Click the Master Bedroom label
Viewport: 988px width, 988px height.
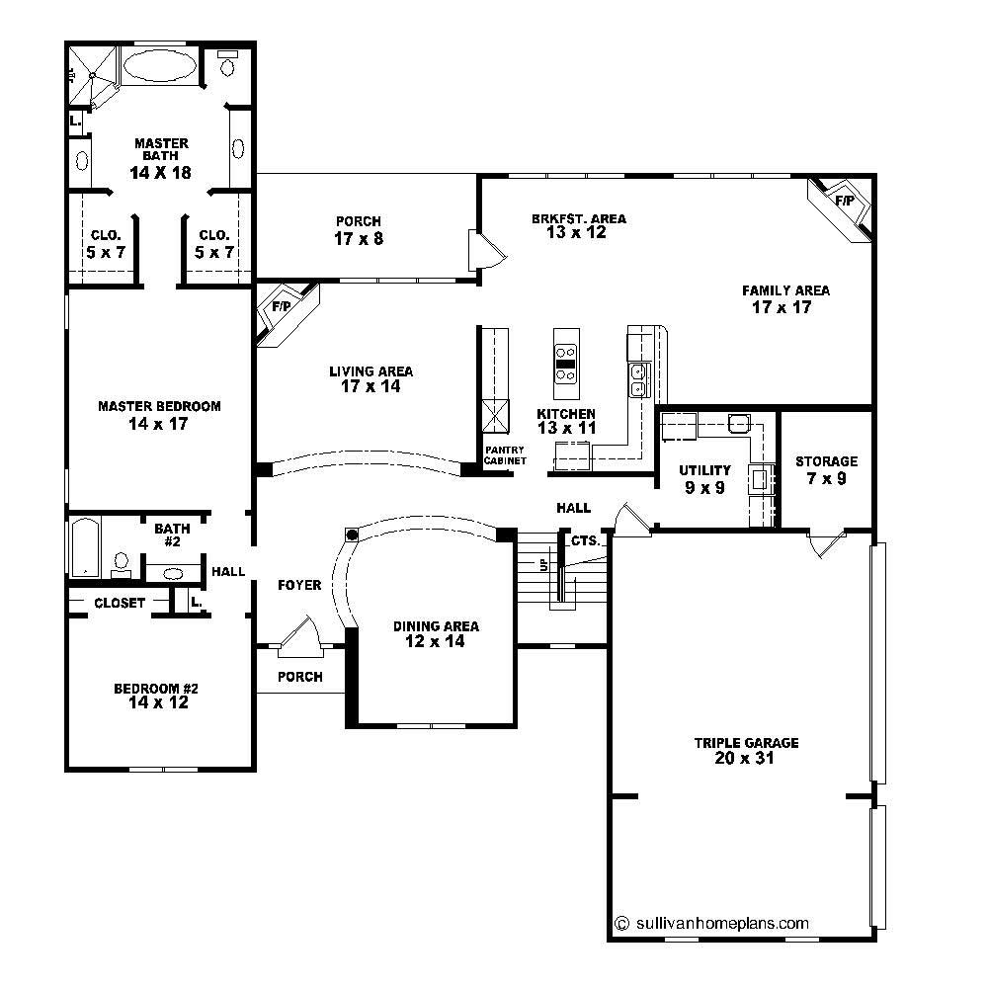pyautogui.click(x=159, y=415)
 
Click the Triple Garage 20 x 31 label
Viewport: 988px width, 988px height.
pyautogui.click(x=746, y=751)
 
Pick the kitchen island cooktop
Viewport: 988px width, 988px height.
pyautogui.click(x=566, y=363)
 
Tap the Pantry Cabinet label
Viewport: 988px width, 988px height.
pyautogui.click(x=505, y=455)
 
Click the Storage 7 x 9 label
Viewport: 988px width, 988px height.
pyautogui.click(x=826, y=470)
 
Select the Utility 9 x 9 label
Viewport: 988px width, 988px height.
pyautogui.click(x=705, y=479)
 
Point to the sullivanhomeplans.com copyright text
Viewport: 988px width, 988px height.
pyautogui.click(x=711, y=924)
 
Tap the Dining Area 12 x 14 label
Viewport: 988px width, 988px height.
pyautogui.click(x=436, y=634)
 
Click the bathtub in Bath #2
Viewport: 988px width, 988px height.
pyautogui.click(x=83, y=548)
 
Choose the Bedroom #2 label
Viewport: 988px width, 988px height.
pyautogui.click(x=159, y=697)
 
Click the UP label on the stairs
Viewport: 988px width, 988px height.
pyautogui.click(x=541, y=565)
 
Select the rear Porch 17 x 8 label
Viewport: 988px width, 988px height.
pyautogui.click(x=358, y=230)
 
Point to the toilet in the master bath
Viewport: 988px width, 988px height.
pyautogui.click(x=228, y=65)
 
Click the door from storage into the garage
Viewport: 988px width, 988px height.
pyautogui.click(x=826, y=544)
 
